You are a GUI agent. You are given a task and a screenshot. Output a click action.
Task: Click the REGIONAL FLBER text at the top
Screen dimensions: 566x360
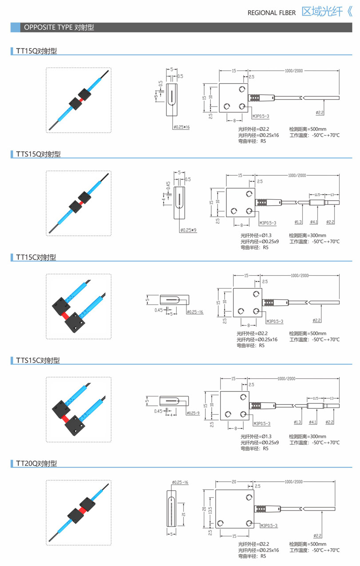pyautogui.click(x=272, y=13)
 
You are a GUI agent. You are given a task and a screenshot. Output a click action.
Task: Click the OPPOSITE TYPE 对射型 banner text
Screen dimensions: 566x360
pyautogui.click(x=59, y=28)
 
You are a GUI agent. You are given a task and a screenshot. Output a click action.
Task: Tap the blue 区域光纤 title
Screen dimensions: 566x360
pyautogui.click(x=321, y=12)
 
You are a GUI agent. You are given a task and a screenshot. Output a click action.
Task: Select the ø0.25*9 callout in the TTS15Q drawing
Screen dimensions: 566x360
pyautogui.click(x=189, y=230)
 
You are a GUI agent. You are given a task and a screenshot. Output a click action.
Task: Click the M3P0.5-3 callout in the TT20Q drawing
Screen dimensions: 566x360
pyautogui.click(x=269, y=526)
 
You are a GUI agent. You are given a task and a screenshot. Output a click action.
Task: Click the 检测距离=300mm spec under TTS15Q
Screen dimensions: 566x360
pyautogui.click(x=307, y=235)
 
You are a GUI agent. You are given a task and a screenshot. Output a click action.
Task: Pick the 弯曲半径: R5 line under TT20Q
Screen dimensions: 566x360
pyautogui.click(x=252, y=556)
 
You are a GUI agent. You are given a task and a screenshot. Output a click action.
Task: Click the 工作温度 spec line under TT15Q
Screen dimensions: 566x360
pyautogui.click(x=314, y=135)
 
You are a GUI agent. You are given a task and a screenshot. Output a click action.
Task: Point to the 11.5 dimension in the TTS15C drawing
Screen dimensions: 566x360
pyautogui.click(x=315, y=386)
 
